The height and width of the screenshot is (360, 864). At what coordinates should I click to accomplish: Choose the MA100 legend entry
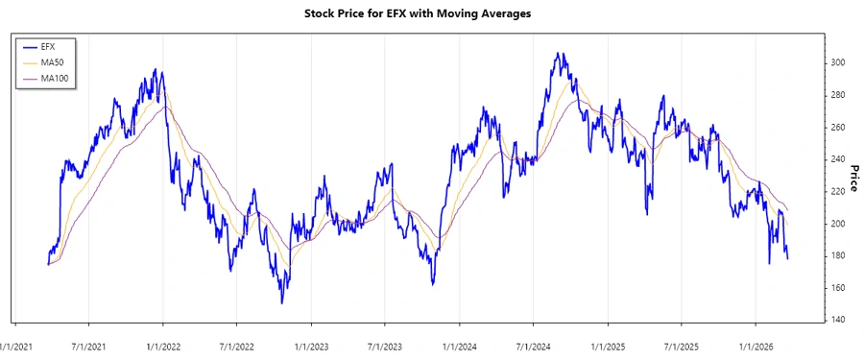tap(57, 77)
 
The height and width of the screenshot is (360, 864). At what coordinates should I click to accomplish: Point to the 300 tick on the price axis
tap(839, 62)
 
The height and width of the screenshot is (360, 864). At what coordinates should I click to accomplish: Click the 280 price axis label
tap(839, 95)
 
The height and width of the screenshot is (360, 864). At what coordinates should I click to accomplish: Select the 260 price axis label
tap(839, 127)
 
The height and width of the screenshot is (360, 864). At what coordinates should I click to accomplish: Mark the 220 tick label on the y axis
tap(839, 191)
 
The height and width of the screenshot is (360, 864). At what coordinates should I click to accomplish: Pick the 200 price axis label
tap(839, 224)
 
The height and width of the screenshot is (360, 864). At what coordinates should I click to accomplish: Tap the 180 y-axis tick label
tap(839, 255)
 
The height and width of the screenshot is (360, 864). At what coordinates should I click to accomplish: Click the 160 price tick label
tap(839, 288)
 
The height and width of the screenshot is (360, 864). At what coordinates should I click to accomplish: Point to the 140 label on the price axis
tap(839, 320)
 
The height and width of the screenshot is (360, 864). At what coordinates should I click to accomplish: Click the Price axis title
tap(853, 178)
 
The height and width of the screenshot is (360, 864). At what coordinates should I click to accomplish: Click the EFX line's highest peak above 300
tap(557, 54)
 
